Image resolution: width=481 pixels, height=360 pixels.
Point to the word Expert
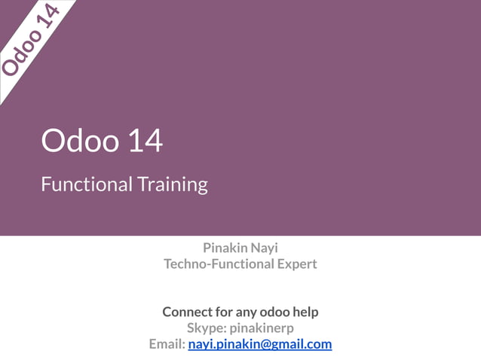296,264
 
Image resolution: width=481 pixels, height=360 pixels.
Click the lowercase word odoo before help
274,312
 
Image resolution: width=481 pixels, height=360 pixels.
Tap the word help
305,312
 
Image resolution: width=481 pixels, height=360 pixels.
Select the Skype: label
206,328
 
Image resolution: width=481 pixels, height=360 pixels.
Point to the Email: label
167,344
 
